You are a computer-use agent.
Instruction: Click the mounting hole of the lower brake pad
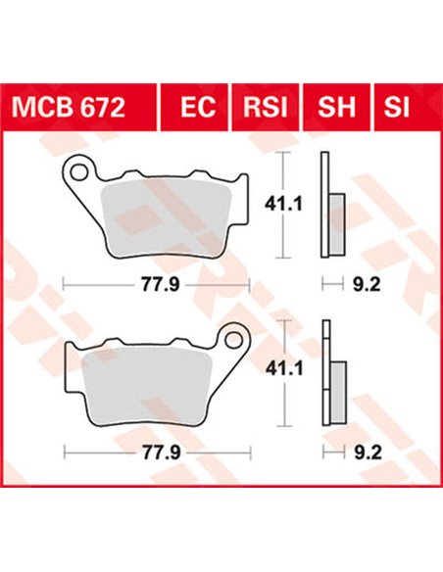(x=234, y=341)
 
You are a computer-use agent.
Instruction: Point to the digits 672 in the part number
(x=104, y=107)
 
